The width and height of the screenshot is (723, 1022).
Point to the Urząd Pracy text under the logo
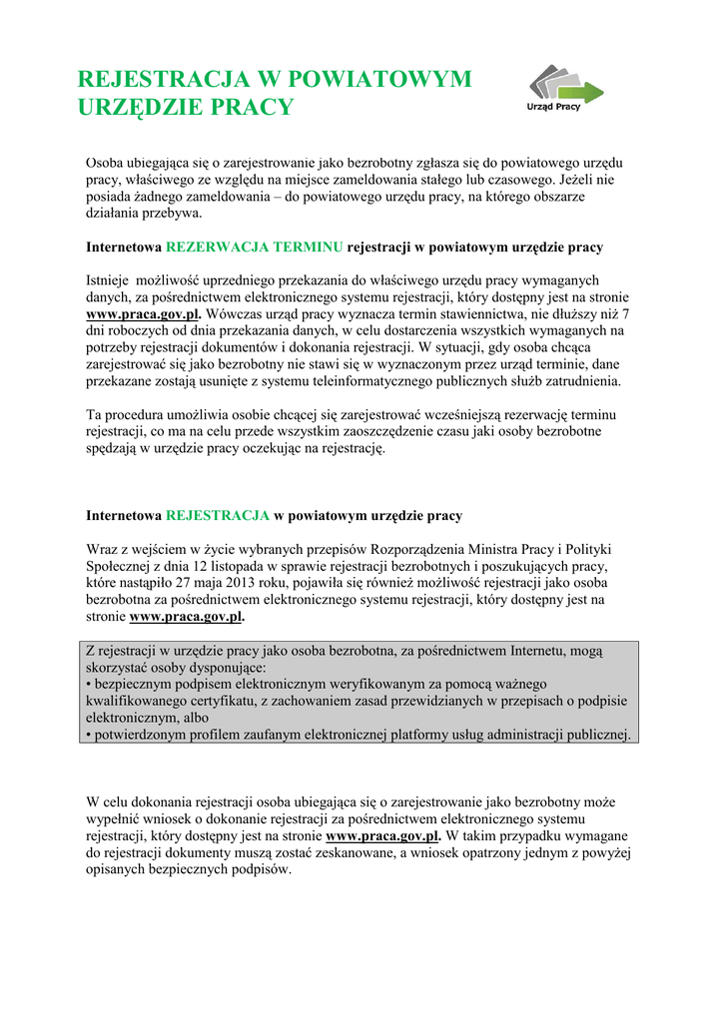[x=554, y=106]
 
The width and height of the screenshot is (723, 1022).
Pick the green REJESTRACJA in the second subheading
[x=218, y=516]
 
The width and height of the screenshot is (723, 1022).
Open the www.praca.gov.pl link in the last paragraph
[x=383, y=835]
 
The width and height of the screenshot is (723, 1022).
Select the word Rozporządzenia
[x=431, y=549]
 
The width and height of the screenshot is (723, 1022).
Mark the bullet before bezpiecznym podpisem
[x=89, y=684]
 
